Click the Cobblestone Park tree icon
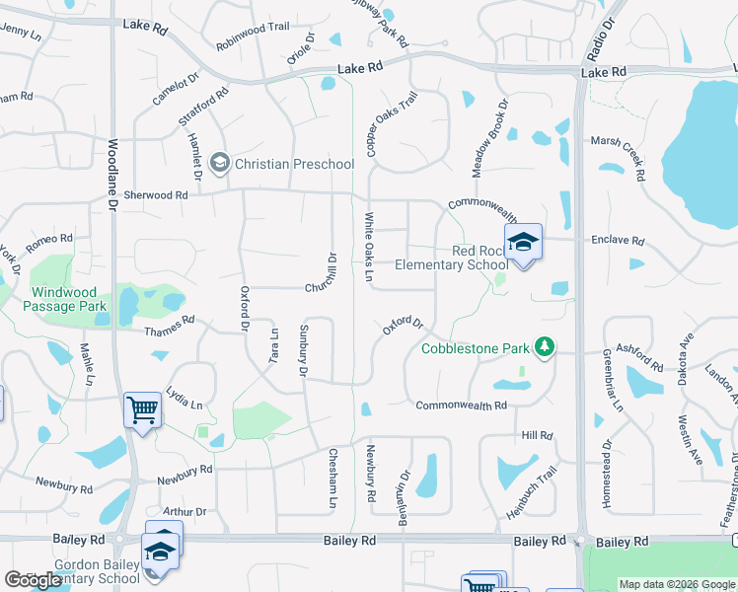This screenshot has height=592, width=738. (543, 347)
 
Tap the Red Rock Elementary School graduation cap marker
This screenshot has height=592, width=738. (523, 242)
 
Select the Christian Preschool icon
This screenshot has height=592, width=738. (219, 163)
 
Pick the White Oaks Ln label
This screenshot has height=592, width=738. (369, 251)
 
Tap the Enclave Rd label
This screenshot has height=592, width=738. (617, 240)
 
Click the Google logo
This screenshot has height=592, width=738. (33, 579)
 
